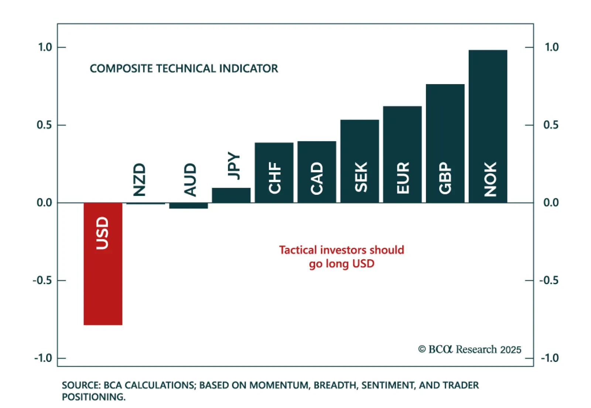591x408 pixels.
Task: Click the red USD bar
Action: pos(103,264)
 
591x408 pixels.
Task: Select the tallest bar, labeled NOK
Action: pos(488,126)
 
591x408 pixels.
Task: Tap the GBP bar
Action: pos(445,144)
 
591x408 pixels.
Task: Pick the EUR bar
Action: pos(402,155)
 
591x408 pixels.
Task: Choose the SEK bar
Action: pos(360,161)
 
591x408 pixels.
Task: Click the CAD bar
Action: pos(317,172)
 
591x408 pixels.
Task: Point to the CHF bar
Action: pos(274,173)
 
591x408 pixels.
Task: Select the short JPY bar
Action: pos(231,195)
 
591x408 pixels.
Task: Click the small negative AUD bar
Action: pos(188,205)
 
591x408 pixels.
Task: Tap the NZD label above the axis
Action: pos(139,180)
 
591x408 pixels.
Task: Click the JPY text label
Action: pos(234,166)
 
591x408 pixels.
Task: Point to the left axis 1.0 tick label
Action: pos(45,47)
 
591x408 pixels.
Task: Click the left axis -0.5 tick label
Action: pos(42,280)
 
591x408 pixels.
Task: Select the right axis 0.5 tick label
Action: pos(551,125)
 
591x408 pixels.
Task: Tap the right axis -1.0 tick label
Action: pos(550,358)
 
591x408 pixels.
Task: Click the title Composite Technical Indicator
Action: pos(184,69)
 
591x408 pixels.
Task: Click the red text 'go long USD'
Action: pos(342,264)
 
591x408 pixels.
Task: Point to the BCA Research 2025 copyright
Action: pos(469,349)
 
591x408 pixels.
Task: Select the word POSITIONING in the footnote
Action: pos(94,397)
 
